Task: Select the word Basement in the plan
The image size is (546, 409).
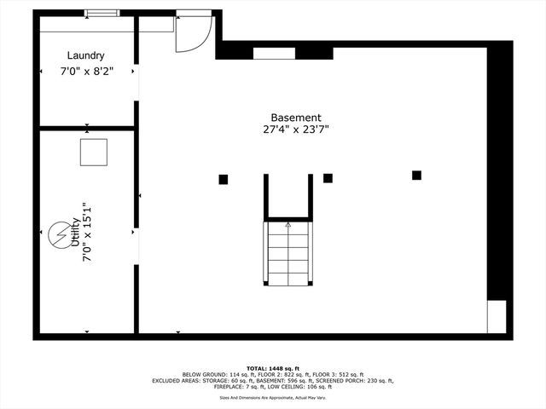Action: click(x=295, y=118)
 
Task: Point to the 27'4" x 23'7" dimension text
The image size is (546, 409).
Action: click(x=295, y=130)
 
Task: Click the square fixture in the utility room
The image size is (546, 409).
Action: click(x=93, y=152)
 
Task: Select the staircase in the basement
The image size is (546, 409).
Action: click(x=288, y=252)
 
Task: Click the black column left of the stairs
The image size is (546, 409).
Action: click(x=224, y=179)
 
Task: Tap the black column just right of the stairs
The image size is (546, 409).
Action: click(x=328, y=178)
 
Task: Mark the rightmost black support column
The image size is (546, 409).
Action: click(x=416, y=176)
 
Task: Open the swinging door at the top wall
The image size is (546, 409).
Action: click(x=192, y=34)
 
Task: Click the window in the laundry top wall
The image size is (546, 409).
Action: click(x=102, y=12)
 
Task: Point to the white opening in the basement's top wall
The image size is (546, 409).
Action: click(x=274, y=53)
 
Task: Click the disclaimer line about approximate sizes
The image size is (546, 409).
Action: click(x=272, y=397)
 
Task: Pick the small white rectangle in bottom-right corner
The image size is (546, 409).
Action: click(x=497, y=316)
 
